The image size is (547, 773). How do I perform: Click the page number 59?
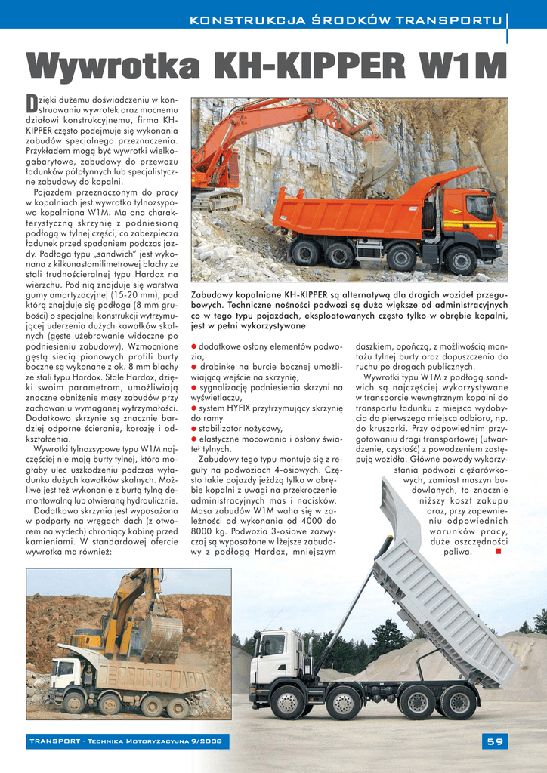pos(495,741)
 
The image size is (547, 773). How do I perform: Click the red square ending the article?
pos(498,552)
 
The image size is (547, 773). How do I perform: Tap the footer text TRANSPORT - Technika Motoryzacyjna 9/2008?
pos(125,741)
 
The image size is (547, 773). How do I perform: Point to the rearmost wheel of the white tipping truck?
pos(459,702)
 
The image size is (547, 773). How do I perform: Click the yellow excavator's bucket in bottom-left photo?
pos(161,634)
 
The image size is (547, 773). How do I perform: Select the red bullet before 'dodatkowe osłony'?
pos(194,346)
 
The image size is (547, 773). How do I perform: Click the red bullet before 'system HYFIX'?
pos(194,408)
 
